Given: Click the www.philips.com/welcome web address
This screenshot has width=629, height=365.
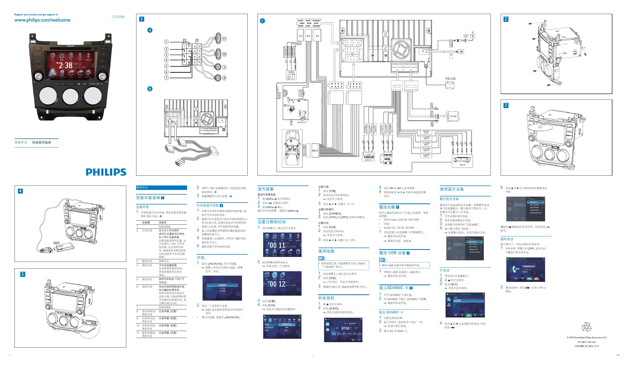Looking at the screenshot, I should click(42, 20).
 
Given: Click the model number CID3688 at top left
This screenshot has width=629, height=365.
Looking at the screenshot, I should click(118, 17).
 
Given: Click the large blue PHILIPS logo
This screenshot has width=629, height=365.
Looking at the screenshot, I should click(106, 172).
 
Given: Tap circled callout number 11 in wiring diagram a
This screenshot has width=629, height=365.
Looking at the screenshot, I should click(224, 39).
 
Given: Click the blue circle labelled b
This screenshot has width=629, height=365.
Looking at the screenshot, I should click(150, 89).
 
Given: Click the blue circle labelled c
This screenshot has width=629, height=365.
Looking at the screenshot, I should click(262, 21).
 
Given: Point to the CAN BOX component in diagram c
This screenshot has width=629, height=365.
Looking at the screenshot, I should click(453, 116).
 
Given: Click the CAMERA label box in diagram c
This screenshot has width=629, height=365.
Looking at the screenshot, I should click(291, 72).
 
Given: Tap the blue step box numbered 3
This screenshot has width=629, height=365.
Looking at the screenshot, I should click(506, 105).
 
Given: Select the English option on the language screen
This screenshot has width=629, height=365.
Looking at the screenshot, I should click(222, 285).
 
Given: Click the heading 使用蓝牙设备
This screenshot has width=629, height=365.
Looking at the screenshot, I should click(452, 189).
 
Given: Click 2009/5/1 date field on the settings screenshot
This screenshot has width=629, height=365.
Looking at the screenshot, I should click(287, 324).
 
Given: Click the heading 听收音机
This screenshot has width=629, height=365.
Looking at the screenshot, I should click(326, 298).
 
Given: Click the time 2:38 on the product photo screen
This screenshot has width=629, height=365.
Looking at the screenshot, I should click(65, 65).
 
